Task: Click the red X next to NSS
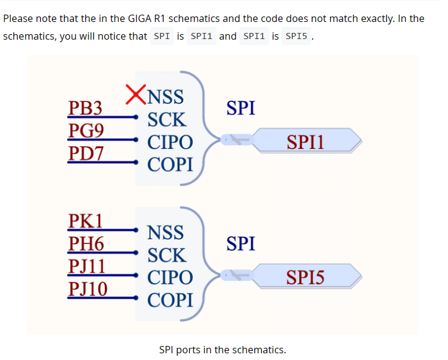point(136,95)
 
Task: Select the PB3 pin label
point(85,108)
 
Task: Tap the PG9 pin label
point(86,131)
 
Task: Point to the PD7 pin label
point(85,153)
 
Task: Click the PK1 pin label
point(85,221)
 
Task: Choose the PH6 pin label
point(86,243)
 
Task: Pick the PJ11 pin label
point(87,266)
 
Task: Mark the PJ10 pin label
point(88,289)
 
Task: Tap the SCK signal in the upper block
point(167,120)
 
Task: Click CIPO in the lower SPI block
point(170,278)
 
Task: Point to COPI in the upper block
point(170,165)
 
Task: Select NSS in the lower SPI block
point(165,232)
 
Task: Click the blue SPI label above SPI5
point(240,243)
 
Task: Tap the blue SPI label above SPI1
point(240,108)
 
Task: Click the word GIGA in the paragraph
point(139,18)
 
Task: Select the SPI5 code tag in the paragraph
point(296,36)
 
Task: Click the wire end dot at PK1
point(136,230)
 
